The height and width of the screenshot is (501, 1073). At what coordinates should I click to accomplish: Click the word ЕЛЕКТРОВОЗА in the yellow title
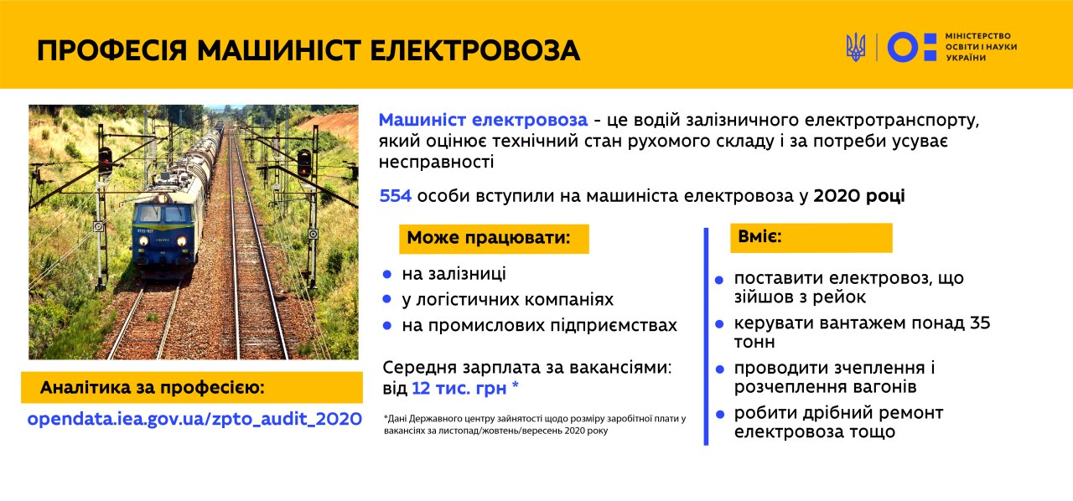474,51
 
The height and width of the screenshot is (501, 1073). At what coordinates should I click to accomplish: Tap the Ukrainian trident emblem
856,47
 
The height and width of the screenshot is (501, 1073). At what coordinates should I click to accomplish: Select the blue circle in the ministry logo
903,47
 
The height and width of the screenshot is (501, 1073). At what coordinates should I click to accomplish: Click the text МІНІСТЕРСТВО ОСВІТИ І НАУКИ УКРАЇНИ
981,47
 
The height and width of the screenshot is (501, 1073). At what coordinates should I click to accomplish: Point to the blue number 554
395,196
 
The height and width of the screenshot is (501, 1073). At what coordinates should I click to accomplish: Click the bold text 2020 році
859,196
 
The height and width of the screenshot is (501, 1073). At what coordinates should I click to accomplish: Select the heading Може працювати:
489,238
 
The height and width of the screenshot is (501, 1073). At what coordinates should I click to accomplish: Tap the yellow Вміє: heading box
811,238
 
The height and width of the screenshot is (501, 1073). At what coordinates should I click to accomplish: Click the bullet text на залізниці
454,274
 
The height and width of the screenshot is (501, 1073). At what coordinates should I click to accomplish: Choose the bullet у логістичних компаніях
508,300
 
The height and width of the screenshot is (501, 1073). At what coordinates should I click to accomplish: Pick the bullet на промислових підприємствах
539,326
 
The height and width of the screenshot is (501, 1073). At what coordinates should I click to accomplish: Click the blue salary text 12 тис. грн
459,388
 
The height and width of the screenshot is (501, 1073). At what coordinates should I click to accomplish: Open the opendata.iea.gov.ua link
194,419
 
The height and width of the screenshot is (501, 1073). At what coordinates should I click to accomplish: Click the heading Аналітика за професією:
153,388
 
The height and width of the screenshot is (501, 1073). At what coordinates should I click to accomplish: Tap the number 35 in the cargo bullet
980,323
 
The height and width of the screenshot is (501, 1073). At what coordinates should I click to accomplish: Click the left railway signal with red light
105,161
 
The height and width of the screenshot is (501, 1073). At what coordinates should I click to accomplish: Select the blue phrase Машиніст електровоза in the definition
483,120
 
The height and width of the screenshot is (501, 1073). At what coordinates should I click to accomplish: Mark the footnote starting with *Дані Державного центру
535,425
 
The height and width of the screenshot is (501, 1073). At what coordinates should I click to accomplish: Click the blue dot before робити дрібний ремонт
719,415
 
